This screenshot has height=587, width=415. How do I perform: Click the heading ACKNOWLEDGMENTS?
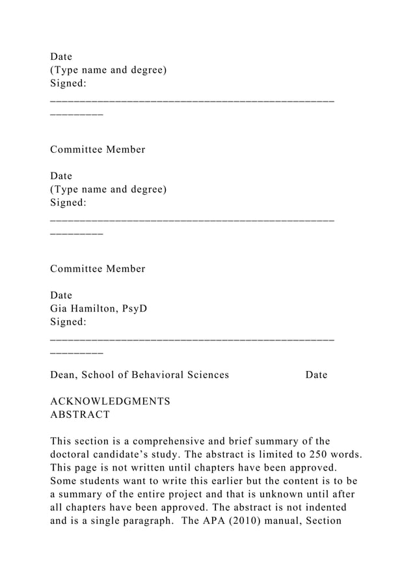click(110, 402)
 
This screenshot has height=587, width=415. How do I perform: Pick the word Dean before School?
click(64, 375)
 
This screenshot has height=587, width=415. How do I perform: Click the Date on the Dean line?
click(316, 375)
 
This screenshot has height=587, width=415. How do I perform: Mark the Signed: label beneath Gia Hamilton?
click(68, 321)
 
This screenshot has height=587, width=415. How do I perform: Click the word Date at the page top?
click(61, 57)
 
